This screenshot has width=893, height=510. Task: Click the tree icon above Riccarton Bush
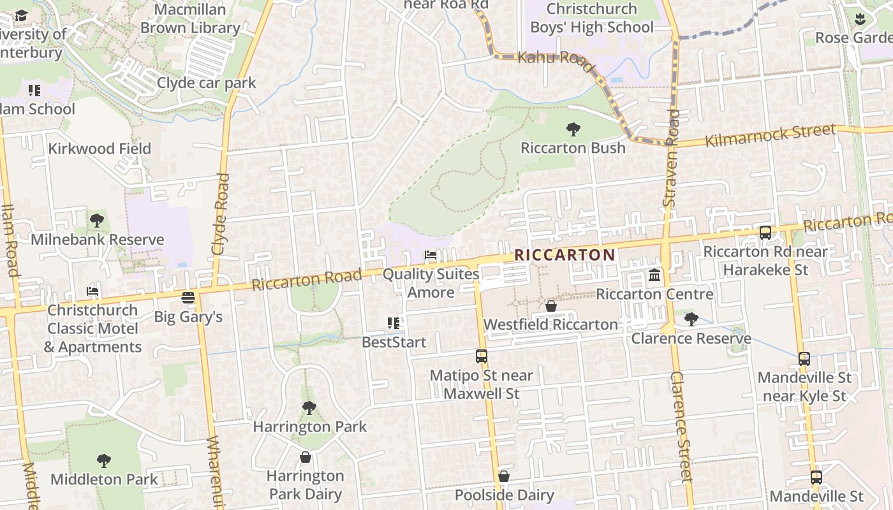(573, 129)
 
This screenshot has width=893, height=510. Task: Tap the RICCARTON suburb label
(565, 255)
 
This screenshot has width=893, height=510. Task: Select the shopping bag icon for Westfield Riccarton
(551, 307)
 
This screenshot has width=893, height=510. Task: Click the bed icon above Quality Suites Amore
(431, 256)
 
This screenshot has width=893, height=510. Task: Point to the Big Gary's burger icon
(188, 298)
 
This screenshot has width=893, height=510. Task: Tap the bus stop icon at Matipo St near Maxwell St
(482, 356)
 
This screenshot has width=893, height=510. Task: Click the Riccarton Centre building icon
(654, 275)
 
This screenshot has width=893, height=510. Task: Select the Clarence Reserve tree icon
(691, 319)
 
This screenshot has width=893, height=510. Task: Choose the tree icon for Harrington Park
(309, 407)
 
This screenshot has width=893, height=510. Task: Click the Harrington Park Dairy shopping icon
(306, 457)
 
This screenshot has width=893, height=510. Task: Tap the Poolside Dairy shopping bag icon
(504, 476)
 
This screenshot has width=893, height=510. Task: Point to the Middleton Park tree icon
(104, 460)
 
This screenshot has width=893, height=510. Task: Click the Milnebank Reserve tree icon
(97, 221)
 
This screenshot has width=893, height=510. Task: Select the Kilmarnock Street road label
(770, 135)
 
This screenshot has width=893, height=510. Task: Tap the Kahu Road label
(551, 58)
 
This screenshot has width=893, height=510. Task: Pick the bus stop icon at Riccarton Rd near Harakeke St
(765, 233)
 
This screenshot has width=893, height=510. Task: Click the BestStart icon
(394, 323)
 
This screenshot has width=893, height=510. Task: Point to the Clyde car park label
(206, 83)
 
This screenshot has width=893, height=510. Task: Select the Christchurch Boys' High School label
(593, 18)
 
